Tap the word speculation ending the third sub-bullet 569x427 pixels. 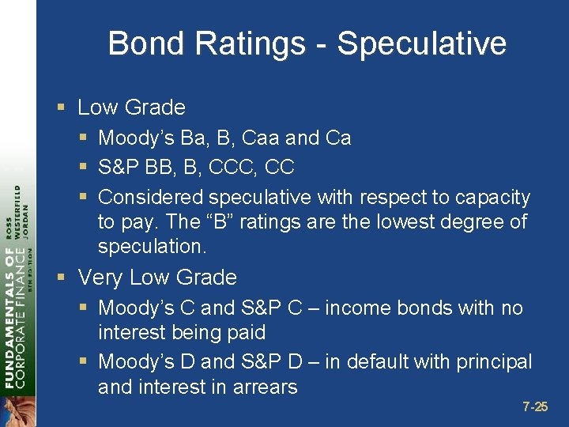tap(151, 247)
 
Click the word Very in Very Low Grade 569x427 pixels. tap(100, 278)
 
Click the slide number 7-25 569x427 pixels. tap(535, 407)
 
